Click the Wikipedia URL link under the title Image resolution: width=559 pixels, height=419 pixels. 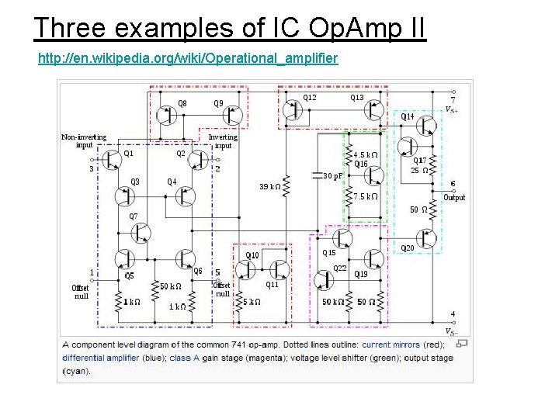pos(188,58)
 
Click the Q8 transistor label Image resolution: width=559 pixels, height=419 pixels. pos(182,103)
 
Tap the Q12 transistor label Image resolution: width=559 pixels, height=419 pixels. pos(309,98)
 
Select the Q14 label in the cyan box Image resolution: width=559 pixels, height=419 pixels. pos(407,116)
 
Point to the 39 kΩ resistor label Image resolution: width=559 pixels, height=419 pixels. pos(270,187)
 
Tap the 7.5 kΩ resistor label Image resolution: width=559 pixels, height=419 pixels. pos(365,197)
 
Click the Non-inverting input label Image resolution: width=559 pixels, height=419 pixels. pos(84,141)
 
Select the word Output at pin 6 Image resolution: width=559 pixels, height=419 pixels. pos(454,197)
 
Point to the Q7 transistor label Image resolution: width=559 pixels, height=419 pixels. pos(134,216)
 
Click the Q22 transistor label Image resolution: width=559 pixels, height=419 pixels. pos(340,268)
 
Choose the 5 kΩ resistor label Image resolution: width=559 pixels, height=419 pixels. pos(252,302)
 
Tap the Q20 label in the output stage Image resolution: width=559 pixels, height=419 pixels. pos(407,248)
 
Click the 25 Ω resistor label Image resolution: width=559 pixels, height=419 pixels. pos(419,170)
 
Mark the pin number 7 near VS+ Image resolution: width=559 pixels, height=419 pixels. pos(453,99)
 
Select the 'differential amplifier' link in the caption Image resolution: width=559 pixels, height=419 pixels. pos(101,358)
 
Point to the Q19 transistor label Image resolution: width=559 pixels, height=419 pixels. pos(361,274)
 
